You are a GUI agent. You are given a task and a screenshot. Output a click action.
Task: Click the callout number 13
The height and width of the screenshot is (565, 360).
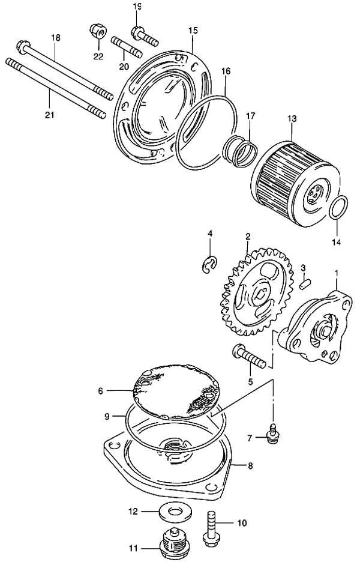292,118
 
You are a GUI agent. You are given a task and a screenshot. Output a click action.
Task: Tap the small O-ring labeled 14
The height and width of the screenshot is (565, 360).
339,207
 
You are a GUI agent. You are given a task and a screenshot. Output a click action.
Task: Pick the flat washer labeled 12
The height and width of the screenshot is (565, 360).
175,512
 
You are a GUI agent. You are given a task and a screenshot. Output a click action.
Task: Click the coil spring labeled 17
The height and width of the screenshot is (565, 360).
239,152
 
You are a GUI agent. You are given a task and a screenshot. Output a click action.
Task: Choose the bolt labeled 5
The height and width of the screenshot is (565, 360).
251,356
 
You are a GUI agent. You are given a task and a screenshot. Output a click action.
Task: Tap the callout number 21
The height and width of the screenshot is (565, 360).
49,115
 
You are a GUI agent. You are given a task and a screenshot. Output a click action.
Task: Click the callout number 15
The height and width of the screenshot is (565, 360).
193,30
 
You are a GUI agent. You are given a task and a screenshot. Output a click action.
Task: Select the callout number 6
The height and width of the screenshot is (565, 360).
100,391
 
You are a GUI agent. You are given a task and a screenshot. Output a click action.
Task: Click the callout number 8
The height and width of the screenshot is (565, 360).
250,466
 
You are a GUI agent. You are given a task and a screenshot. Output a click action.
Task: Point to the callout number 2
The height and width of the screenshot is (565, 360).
248,237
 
